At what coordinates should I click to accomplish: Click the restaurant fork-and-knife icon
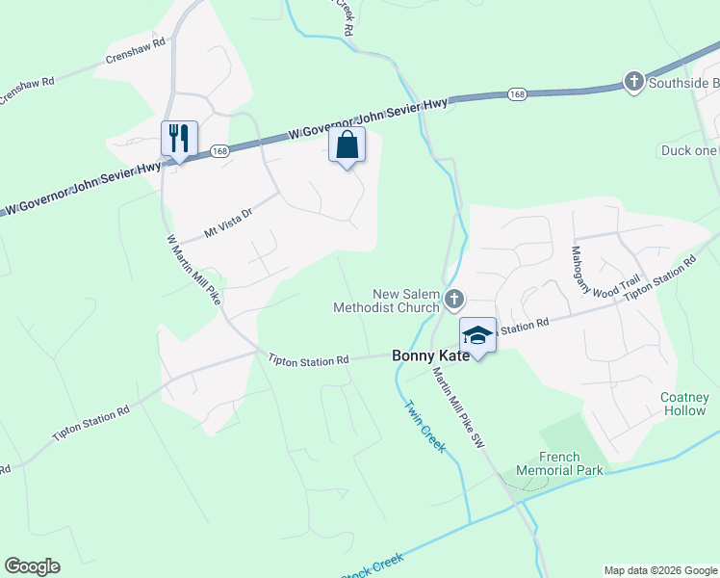coord(179,139)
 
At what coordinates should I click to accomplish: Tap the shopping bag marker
coord(347,145)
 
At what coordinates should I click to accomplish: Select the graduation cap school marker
coord(477,334)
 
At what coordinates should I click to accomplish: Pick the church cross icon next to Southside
coord(633,82)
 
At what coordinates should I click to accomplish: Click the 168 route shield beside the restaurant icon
coord(219,150)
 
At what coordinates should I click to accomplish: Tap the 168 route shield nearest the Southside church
coord(518,94)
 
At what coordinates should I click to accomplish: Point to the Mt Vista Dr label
coord(228,224)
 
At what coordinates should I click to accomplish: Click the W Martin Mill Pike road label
coord(193,271)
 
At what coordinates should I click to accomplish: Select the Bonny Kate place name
coord(431,355)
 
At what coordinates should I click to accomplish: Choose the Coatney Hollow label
coord(684,404)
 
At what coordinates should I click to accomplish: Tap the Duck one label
coord(688,150)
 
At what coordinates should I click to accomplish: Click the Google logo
coord(32,566)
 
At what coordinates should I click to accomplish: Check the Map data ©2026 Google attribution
coord(659,570)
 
